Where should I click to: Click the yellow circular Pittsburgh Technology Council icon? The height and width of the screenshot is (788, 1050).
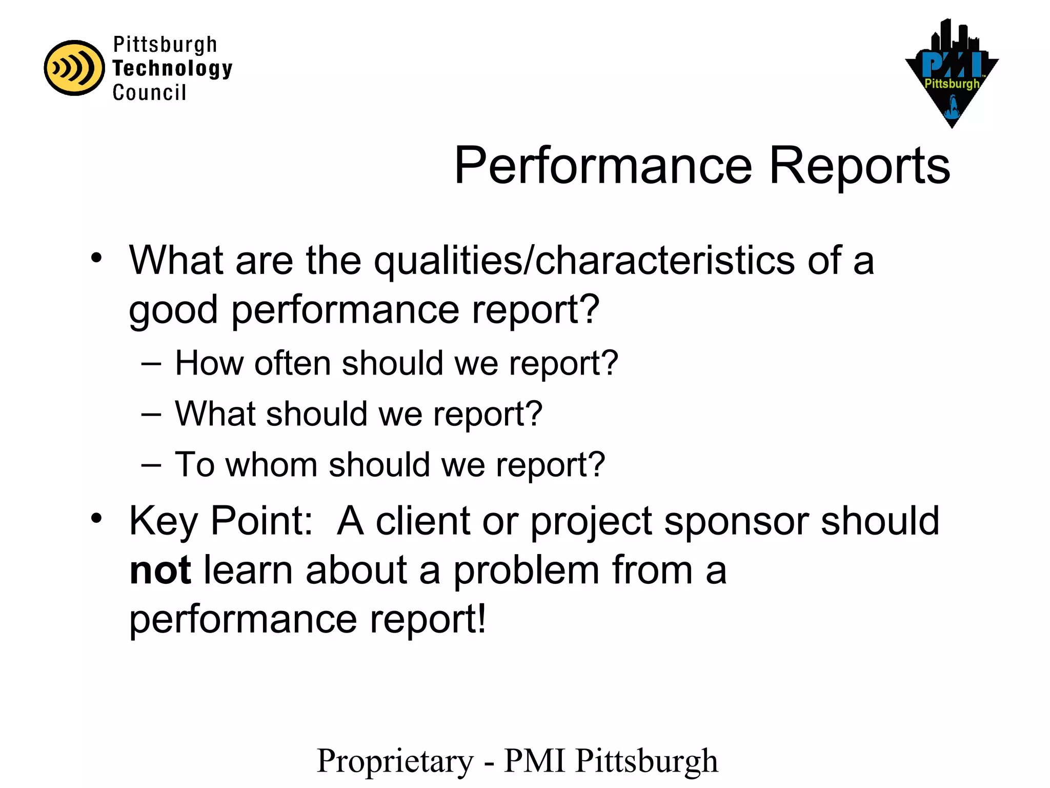tap(74, 68)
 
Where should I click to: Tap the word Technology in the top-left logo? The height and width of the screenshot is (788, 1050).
tap(172, 68)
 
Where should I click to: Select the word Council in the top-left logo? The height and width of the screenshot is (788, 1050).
tap(149, 93)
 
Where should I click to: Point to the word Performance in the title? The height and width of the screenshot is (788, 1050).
tap(603, 165)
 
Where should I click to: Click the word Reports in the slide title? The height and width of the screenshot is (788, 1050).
tap(860, 165)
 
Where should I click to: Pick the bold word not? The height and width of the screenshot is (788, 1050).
tap(160, 570)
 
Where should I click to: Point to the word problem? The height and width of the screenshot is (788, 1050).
tap(526, 570)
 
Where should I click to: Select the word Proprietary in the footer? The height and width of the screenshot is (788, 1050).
tap(395, 761)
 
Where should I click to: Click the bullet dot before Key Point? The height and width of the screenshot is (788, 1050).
tap(96, 519)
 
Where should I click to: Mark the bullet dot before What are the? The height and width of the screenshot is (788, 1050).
tap(96, 258)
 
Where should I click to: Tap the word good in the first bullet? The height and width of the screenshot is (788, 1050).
tap(173, 310)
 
